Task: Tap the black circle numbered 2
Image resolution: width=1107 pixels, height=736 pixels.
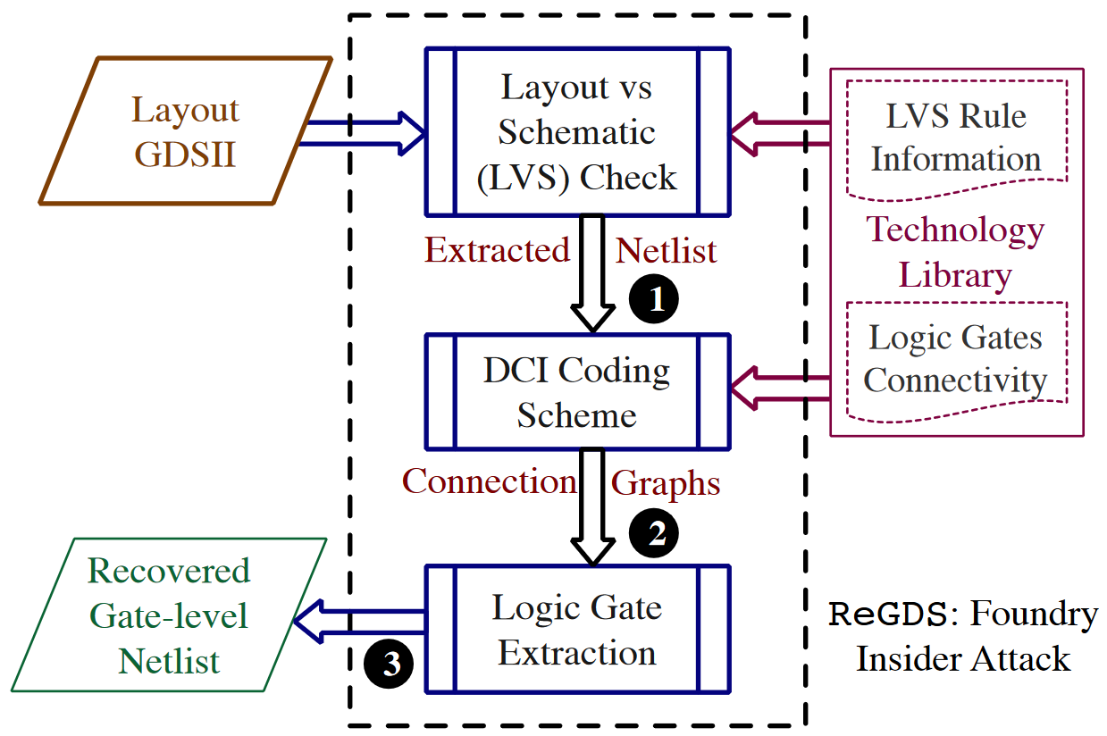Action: [654, 533]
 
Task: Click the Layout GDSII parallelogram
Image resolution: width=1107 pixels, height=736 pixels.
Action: [186, 131]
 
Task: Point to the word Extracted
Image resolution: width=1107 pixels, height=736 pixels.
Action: [497, 251]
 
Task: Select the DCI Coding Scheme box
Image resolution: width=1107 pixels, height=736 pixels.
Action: [577, 392]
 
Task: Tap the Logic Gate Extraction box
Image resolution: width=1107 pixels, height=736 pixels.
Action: [577, 630]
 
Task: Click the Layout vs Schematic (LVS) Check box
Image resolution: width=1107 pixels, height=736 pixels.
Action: [577, 131]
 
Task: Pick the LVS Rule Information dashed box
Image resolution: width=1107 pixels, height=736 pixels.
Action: [956, 138]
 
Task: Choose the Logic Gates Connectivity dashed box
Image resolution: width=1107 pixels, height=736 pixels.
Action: [956, 360]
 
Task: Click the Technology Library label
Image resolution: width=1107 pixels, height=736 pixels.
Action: [956, 252]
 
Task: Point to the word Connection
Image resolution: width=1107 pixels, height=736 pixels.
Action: [489, 482]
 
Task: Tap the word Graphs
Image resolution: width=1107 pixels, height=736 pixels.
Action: [666, 484]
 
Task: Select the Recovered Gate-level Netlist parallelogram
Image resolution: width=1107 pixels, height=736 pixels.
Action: [170, 615]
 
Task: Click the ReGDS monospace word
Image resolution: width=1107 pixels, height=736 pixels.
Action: [887, 615]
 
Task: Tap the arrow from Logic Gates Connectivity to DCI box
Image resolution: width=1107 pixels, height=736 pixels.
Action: [782, 387]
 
